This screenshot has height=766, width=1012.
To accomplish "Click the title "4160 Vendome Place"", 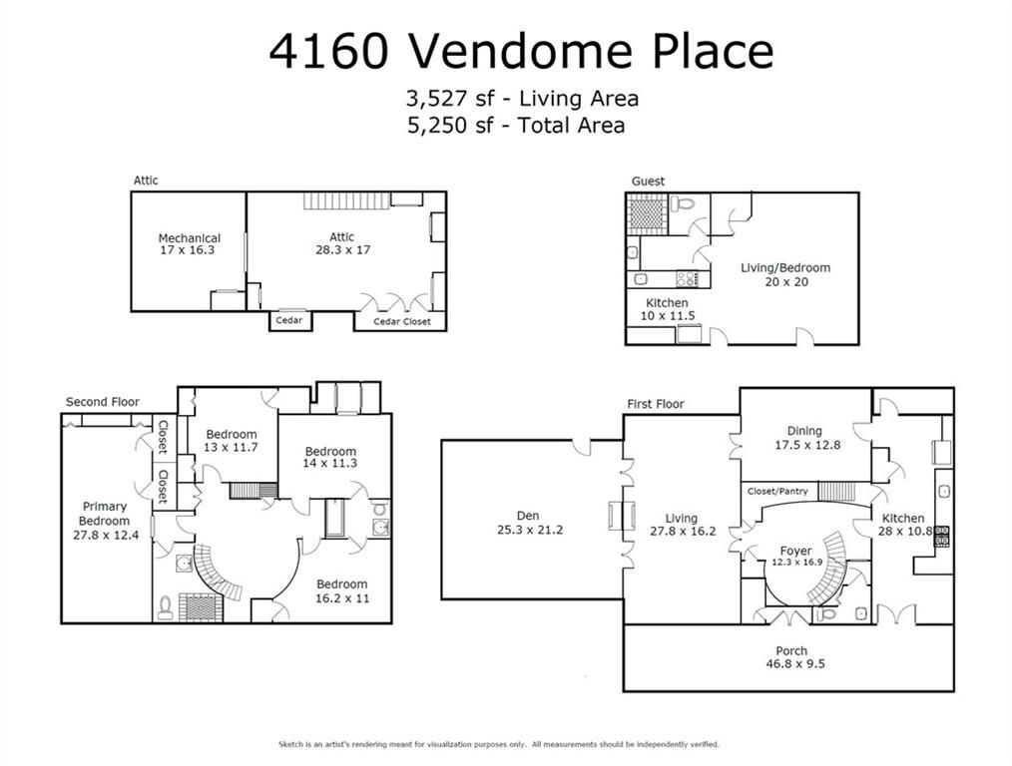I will click(520, 52).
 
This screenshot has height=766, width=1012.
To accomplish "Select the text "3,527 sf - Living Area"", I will click(521, 99).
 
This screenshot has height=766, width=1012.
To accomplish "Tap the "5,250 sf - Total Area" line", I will click(515, 126).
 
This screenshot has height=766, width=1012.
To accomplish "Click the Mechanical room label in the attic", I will click(189, 238).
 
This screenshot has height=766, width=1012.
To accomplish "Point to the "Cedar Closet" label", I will click(402, 321).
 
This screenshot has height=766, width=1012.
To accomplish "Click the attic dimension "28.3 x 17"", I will click(342, 249).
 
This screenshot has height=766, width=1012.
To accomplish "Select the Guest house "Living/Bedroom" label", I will click(784, 267).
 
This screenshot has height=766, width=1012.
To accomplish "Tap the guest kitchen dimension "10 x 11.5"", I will click(668, 316).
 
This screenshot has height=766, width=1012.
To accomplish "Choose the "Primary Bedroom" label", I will click(105, 514).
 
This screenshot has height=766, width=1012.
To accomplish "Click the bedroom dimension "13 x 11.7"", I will click(232, 448).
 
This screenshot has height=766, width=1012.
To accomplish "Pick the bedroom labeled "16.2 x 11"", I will click(342, 598).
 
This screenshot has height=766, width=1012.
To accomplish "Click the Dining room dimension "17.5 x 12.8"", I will click(806, 445).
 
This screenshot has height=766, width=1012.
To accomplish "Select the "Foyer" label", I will click(795, 551).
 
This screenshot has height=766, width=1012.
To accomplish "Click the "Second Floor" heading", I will click(103, 402).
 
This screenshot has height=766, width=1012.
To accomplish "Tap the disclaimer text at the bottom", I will click(498, 744).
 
